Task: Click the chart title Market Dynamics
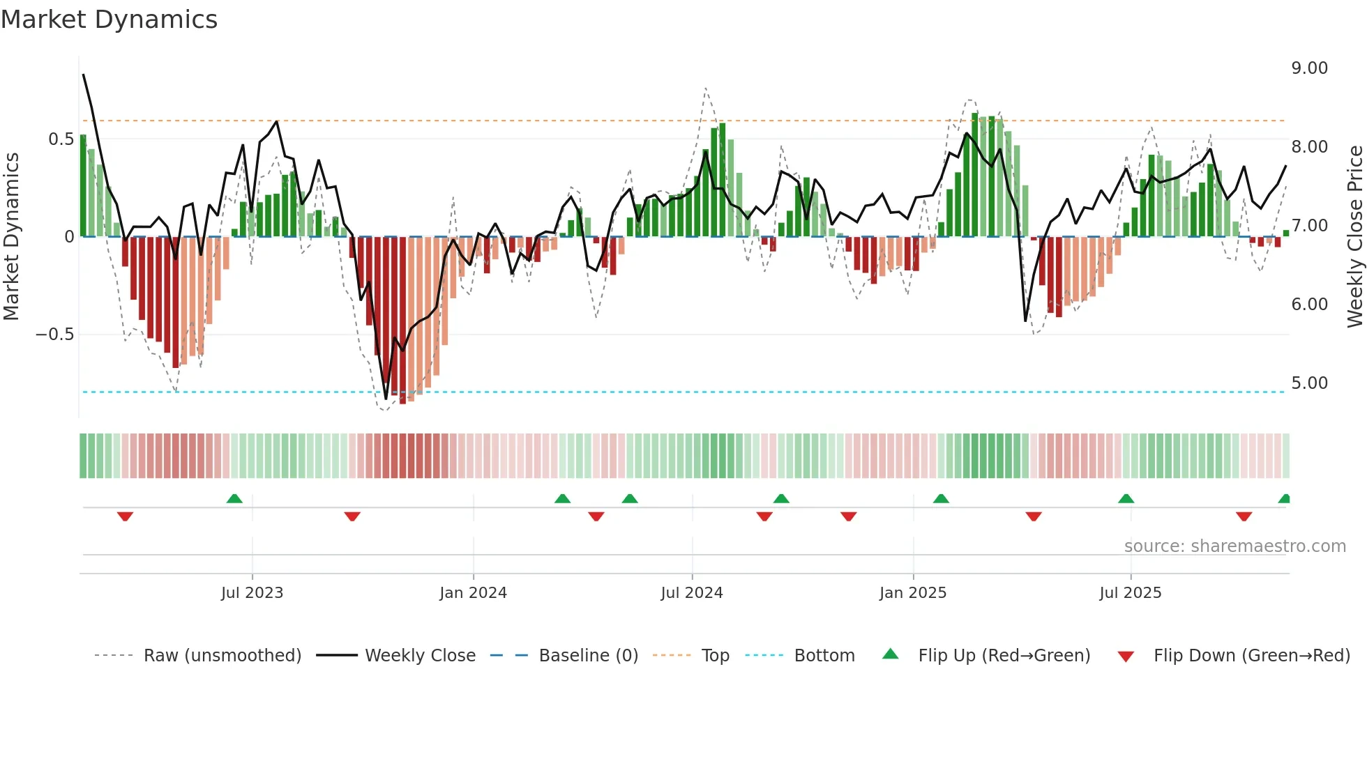109,20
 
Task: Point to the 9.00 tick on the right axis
1309,68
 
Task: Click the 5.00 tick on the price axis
1309,383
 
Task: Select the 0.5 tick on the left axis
61,139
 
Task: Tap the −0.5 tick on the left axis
55,335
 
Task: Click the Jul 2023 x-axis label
252,593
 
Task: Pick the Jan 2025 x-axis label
912,593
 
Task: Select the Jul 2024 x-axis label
691,593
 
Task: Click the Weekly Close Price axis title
1354,236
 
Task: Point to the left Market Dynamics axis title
11,236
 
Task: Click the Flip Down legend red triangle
1126,656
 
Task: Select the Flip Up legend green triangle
891,654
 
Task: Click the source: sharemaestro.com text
1234,546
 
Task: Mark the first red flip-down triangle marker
125,516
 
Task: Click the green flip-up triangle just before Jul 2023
234,498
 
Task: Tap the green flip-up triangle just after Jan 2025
941,498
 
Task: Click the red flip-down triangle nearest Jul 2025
1034,516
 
